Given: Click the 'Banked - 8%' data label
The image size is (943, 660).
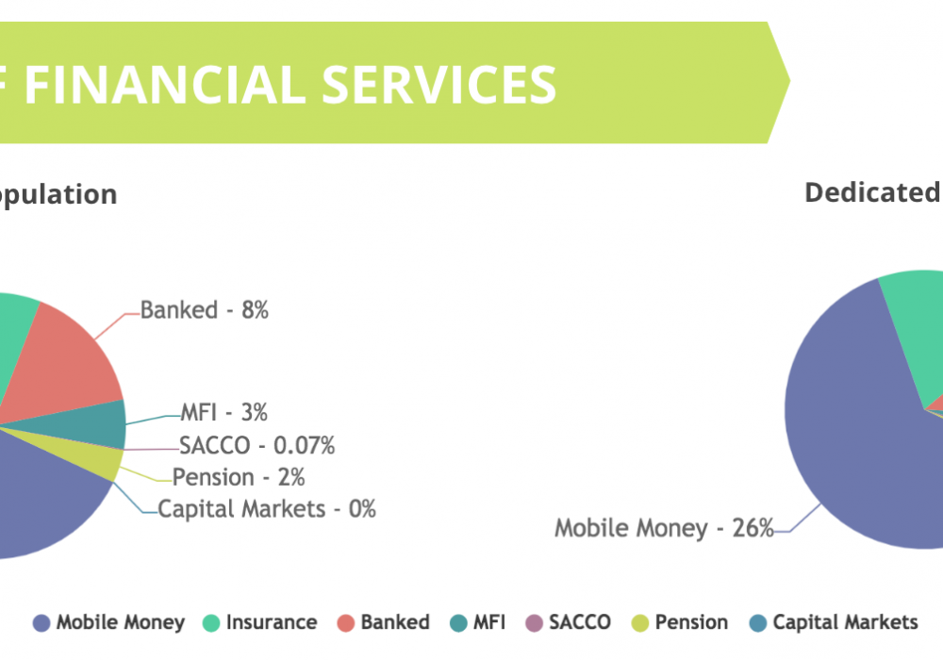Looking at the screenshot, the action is (x=205, y=310).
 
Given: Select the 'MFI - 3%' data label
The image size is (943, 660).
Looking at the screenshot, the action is (x=223, y=412).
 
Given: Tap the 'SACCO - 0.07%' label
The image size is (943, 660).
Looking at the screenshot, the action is (x=256, y=445).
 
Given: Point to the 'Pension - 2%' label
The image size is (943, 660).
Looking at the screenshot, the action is (x=239, y=477).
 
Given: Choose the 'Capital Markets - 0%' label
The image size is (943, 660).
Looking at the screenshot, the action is (x=267, y=509).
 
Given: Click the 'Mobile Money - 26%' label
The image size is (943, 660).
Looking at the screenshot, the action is (x=664, y=528).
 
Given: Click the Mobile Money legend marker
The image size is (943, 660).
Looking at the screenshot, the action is (x=41, y=623).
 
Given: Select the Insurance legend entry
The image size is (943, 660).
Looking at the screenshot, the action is (x=260, y=622).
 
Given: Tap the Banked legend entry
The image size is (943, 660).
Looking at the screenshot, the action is (x=383, y=622).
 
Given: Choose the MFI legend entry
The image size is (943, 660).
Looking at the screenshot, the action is (x=477, y=622).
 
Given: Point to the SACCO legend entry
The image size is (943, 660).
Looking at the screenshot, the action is (x=569, y=622).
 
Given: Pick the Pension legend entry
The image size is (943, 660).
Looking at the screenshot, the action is (x=680, y=622).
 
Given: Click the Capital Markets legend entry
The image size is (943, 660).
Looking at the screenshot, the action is (x=834, y=622).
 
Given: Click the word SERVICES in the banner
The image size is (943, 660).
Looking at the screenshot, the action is (x=439, y=85).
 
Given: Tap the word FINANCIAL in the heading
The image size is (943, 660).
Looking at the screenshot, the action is (x=165, y=85).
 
